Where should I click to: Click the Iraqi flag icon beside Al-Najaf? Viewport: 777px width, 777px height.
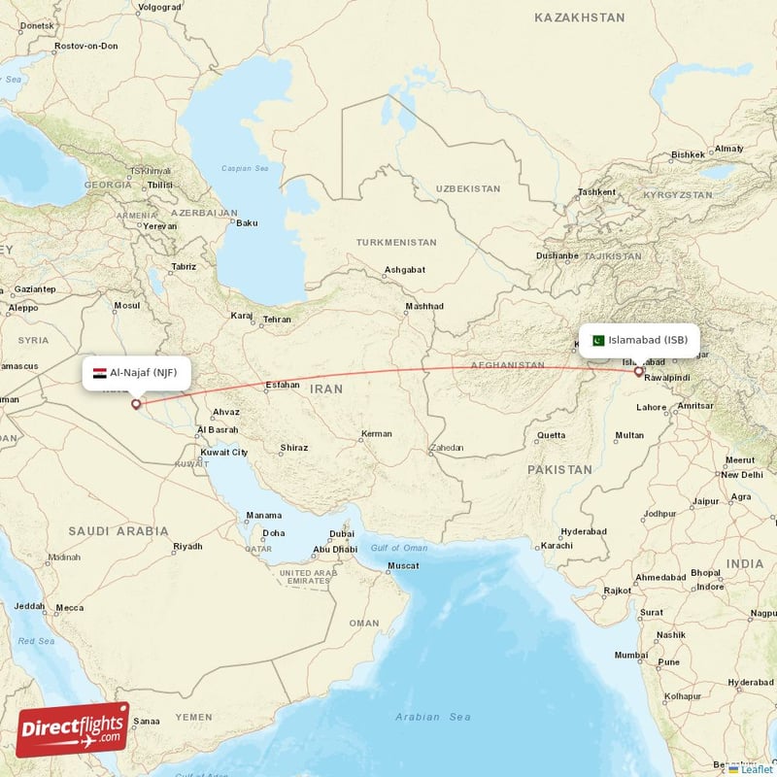click(x=100, y=373)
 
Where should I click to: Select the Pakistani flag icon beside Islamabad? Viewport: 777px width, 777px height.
click(x=598, y=340)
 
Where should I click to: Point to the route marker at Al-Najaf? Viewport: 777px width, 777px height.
click(x=136, y=404)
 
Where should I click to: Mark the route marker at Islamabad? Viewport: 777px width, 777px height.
click(x=638, y=371)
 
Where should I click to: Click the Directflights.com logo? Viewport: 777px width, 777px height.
click(x=73, y=729)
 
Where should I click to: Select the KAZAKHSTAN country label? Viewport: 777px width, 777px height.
click(x=579, y=17)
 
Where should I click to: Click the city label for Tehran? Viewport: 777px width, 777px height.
click(x=277, y=319)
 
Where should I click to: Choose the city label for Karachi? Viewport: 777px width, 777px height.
click(x=557, y=545)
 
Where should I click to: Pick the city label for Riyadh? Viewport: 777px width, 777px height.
click(x=187, y=547)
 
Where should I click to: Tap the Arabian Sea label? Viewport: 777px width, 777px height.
click(x=433, y=717)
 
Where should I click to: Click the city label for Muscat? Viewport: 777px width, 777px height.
click(x=403, y=565)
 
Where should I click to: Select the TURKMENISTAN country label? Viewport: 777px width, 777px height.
click(x=396, y=242)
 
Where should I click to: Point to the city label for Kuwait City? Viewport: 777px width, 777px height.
click(x=224, y=452)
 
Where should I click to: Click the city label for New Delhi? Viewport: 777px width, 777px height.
click(x=741, y=474)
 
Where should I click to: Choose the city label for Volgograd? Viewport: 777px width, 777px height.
click(x=160, y=7)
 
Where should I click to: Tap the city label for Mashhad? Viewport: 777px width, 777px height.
click(x=424, y=306)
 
